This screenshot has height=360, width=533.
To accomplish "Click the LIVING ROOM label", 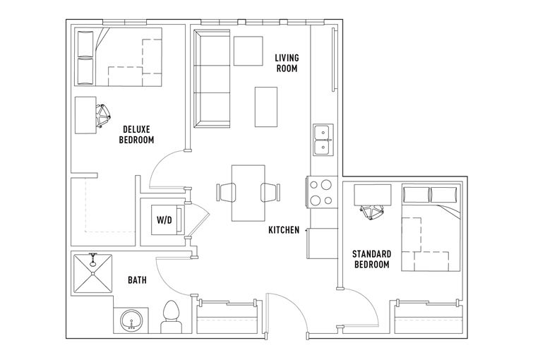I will click(287, 63).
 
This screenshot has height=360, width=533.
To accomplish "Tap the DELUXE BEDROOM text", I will click(136, 134).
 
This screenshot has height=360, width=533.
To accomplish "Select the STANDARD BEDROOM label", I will click(371, 259).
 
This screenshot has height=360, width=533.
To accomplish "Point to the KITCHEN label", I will click(284, 230).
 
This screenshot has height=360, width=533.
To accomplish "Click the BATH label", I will click(137, 280).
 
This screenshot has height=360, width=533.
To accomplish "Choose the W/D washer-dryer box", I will click(164, 220).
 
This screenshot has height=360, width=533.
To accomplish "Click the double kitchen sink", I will click(323, 140).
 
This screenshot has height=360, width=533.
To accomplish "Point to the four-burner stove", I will click(321, 192).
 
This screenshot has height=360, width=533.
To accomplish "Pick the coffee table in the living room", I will click(265, 106).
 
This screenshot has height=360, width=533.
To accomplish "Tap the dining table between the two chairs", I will click(248, 192).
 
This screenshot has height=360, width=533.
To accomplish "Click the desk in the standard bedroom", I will click(371, 193).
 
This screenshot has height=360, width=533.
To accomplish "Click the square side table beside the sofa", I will click(248, 50).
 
